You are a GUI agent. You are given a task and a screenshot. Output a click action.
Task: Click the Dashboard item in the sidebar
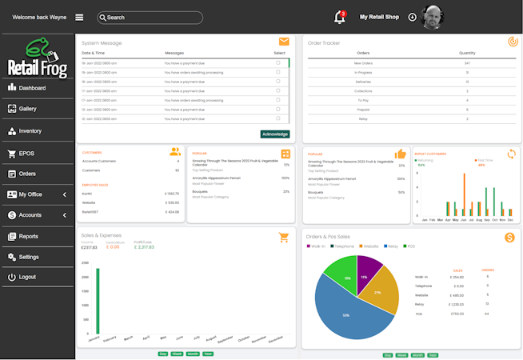click(x=32, y=88)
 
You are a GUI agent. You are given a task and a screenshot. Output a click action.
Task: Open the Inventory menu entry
click(x=30, y=131)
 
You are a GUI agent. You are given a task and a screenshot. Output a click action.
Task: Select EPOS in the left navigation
click(x=26, y=154)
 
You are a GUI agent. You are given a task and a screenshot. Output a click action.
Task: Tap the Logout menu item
click(x=27, y=277)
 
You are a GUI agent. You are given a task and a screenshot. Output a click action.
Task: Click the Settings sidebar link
click(x=28, y=257)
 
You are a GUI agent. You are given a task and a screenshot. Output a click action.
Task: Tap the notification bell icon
click(x=339, y=18)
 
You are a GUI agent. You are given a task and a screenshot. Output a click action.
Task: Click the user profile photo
click(x=433, y=17)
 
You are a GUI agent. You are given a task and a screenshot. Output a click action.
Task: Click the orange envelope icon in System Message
click(x=284, y=42)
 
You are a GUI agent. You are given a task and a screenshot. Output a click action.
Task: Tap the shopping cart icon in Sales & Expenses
click(x=284, y=237)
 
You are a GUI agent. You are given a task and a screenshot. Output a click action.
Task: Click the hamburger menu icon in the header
click(x=79, y=17)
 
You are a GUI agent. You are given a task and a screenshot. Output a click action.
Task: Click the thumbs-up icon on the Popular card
click(x=400, y=154)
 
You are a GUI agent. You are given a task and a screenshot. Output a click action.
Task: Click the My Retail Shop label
click(x=379, y=17)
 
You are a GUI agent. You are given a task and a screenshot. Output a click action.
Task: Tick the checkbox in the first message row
click(x=278, y=62)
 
